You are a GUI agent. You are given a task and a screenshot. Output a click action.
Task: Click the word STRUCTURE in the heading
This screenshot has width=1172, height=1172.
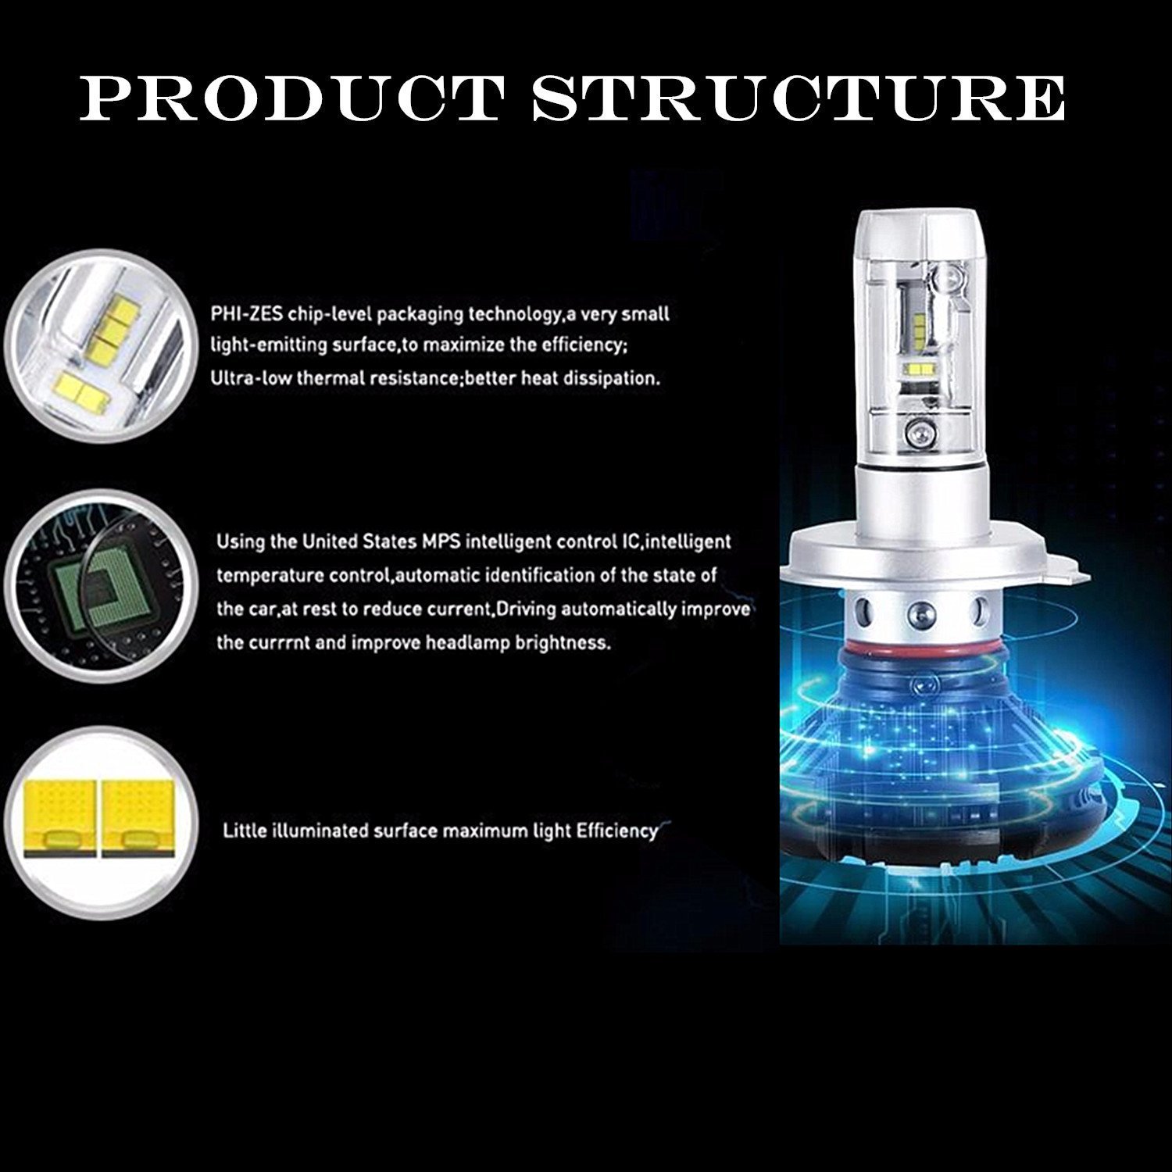tap(797, 99)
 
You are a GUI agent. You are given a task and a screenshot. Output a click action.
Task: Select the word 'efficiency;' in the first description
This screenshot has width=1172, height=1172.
tap(574, 345)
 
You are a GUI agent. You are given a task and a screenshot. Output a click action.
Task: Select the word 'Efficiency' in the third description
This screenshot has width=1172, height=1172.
tap(617, 831)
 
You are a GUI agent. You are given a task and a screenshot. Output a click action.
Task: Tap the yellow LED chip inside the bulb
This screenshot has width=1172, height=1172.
tap(920, 369)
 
